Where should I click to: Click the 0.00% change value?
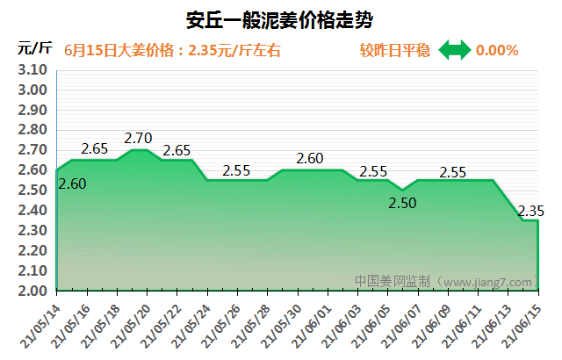[497, 50]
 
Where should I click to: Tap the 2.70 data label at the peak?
[139, 138]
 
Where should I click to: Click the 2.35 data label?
[531, 211]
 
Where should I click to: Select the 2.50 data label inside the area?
[404, 203]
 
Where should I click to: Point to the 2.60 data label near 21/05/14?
[72, 184]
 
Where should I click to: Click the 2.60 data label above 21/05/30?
[310, 159]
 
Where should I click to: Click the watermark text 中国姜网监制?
[393, 282]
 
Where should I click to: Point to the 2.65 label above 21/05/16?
[94, 148]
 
